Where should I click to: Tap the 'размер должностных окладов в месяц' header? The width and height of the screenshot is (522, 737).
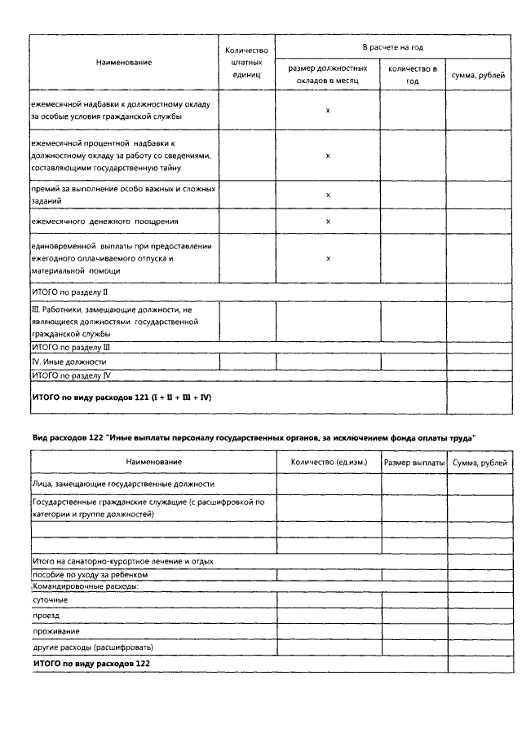click(327, 75)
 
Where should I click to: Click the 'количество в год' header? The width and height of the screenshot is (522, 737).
click(413, 75)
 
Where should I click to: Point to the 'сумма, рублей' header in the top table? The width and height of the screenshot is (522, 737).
click(476, 75)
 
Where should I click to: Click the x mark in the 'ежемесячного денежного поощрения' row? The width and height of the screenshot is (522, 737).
click(328, 221)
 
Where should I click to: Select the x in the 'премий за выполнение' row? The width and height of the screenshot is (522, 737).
click(328, 195)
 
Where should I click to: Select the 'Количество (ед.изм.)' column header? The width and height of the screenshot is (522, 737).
click(329, 462)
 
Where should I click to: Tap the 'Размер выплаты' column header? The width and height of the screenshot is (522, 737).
click(413, 462)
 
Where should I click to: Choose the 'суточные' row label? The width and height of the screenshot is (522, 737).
click(51, 599)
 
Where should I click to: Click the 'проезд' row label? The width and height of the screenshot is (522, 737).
click(46, 616)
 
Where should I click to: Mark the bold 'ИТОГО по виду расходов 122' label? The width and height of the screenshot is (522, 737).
click(91, 664)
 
